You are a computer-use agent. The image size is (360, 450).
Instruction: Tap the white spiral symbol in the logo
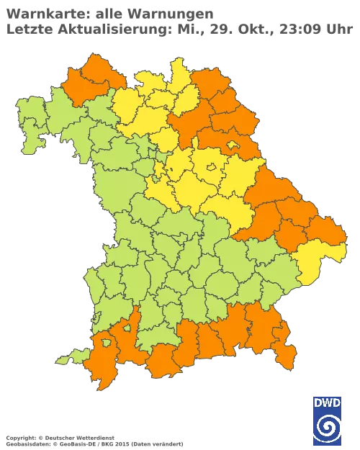coord(328,426)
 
